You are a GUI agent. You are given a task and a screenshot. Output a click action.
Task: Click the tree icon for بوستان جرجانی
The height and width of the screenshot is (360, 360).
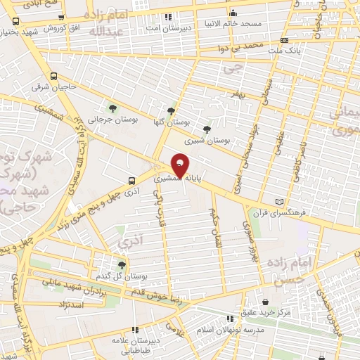click(112, 108)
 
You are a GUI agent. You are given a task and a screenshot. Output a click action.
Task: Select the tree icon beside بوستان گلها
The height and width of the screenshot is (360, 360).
click(171, 112)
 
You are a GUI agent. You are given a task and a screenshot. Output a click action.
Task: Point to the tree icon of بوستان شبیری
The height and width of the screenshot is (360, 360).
click(206, 129)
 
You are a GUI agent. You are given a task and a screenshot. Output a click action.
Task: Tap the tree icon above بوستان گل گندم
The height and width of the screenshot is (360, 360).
click(122, 265)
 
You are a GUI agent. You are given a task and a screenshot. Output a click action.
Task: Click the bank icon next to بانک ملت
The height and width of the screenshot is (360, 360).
click(284, 40)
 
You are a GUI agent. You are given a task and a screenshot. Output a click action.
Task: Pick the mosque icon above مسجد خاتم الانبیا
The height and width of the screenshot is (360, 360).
click(233, 13)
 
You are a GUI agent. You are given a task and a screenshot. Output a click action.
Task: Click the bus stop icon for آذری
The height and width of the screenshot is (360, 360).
click(130, 179)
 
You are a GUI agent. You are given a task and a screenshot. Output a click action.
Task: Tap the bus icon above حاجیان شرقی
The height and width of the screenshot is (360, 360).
click(54, 76)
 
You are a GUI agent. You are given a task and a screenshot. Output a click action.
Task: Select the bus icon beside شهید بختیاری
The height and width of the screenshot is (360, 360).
click(15, 21)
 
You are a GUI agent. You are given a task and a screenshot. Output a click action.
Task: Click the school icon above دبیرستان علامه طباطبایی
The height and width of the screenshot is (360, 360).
click(135, 329)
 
